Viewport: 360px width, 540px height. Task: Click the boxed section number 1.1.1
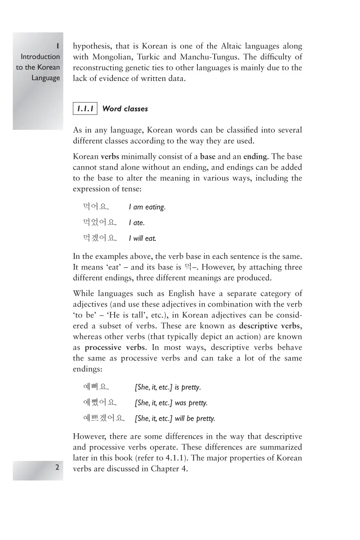(x=85, y=109)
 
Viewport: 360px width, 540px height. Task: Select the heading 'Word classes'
(x=125, y=109)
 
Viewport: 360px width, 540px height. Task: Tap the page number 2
(x=57, y=467)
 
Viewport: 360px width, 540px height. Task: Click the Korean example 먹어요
(x=96, y=207)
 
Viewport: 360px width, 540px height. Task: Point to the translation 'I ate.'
(x=137, y=223)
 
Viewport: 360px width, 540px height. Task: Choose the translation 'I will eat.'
(x=142, y=239)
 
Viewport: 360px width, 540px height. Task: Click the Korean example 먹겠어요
(x=100, y=238)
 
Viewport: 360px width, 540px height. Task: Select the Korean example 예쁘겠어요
(x=104, y=418)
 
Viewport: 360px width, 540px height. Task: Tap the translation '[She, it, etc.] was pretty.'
(x=171, y=403)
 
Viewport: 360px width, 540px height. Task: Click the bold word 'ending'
(x=255, y=157)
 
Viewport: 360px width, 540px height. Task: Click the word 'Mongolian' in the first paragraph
(x=112, y=57)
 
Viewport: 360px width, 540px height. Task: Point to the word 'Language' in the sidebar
(x=46, y=78)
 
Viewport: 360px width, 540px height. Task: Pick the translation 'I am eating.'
(x=147, y=207)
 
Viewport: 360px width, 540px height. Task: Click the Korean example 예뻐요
(x=96, y=387)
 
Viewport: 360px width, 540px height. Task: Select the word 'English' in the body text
(x=181, y=294)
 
